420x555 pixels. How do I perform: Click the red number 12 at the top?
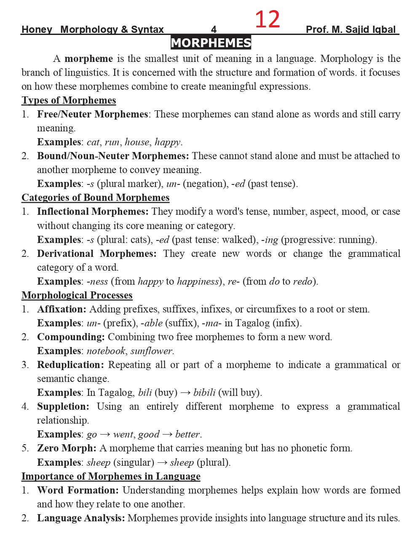click(x=267, y=19)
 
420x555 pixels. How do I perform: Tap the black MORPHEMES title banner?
click(x=211, y=43)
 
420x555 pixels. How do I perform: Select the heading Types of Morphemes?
click(x=69, y=100)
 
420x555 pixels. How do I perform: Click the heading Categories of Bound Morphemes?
click(x=95, y=197)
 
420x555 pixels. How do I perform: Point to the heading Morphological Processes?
click(x=77, y=295)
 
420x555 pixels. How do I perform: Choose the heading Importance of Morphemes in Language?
click(x=111, y=476)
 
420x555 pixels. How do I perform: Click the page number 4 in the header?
click(x=214, y=29)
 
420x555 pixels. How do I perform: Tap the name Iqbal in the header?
click(x=384, y=29)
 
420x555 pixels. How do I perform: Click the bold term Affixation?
click(x=62, y=309)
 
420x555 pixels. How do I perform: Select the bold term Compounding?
click(x=71, y=337)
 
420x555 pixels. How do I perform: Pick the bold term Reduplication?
click(x=70, y=365)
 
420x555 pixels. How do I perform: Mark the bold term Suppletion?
click(x=63, y=406)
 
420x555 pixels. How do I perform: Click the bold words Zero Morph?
click(x=67, y=448)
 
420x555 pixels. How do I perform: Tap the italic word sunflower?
click(x=152, y=351)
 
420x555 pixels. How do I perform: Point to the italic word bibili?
click(x=204, y=392)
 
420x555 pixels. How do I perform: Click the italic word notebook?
click(x=106, y=351)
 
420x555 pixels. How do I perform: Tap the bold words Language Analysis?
click(x=81, y=518)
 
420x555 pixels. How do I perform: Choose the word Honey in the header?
click(x=37, y=29)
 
